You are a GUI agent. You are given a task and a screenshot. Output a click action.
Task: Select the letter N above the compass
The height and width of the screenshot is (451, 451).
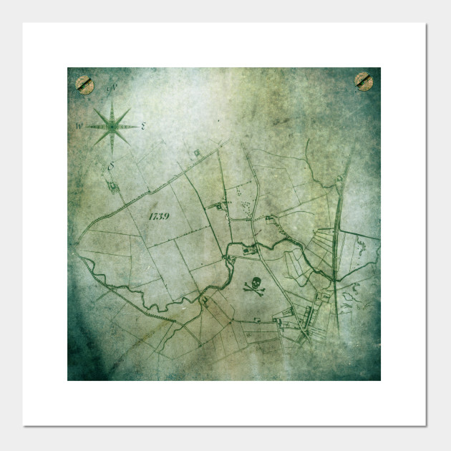pyautogui.click(x=112, y=89)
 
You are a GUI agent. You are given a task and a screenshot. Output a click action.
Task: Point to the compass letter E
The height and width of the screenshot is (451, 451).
pyautogui.click(x=144, y=127)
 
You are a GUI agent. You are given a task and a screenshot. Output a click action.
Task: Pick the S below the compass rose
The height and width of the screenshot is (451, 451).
pyautogui.click(x=111, y=167)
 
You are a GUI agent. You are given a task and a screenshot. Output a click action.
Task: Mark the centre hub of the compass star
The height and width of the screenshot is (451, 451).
pyautogui.click(x=112, y=127)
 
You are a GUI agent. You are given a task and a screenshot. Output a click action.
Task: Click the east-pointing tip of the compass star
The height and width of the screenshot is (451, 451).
pyautogui.click(x=138, y=127)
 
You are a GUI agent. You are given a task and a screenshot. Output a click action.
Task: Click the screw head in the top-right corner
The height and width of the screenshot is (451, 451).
pyautogui.click(x=364, y=82)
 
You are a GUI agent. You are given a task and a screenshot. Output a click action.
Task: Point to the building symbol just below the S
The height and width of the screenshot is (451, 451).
pyautogui.click(x=113, y=187)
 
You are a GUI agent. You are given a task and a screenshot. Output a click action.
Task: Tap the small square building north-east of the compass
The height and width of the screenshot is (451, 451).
pyautogui.click(x=198, y=152)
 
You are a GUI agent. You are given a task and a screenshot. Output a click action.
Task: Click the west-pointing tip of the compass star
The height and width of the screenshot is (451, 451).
pyautogui.click(x=85, y=127)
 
